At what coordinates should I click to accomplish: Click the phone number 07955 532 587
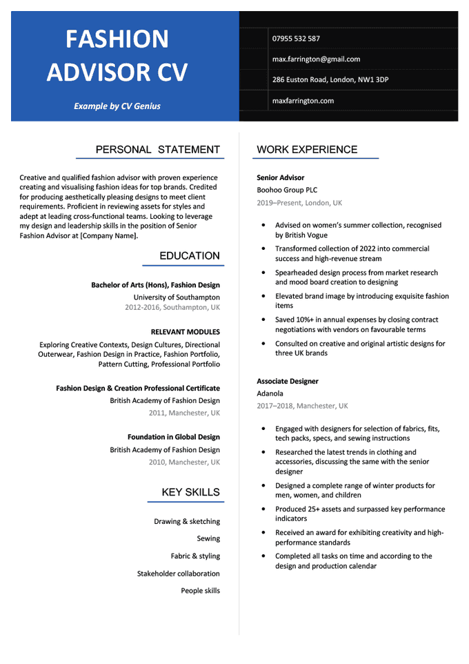click(x=296, y=39)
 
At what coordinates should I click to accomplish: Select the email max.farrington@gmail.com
click(x=316, y=59)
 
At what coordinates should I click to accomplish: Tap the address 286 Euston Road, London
click(x=330, y=80)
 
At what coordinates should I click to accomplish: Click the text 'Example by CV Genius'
click(x=117, y=106)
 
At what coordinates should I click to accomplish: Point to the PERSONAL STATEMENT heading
click(x=158, y=150)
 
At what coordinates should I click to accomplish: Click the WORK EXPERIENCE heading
click(x=307, y=150)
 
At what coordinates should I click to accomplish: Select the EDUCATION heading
click(x=190, y=256)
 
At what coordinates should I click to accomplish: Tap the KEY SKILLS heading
click(x=191, y=492)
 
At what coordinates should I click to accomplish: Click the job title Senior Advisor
click(x=281, y=178)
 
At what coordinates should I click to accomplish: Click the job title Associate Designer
click(x=288, y=382)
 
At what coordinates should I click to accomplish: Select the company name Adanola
click(x=272, y=394)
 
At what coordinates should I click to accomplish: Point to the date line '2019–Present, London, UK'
click(x=299, y=204)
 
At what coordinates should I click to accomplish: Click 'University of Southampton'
click(x=177, y=297)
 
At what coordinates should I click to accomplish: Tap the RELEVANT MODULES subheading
click(x=185, y=332)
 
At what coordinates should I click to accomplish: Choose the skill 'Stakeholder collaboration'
click(x=179, y=574)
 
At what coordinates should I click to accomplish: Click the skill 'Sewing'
click(x=208, y=539)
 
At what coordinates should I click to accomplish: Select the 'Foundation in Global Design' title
click(x=174, y=438)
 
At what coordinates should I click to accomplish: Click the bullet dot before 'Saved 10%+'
click(x=263, y=320)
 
